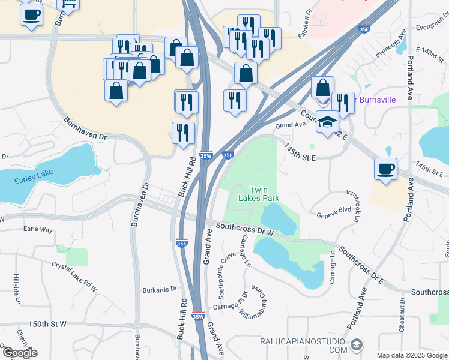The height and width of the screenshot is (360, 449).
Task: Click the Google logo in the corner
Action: (x=19, y=353)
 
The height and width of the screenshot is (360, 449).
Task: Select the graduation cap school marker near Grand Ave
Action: (x=327, y=122)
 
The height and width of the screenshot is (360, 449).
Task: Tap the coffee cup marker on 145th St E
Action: (x=385, y=168)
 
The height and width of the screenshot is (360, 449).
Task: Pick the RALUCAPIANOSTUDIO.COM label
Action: (x=303, y=346)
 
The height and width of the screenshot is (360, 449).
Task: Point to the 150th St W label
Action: (x=47, y=324)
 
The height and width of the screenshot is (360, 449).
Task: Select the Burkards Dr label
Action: (x=160, y=289)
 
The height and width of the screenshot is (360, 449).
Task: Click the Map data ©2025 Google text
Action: (x=412, y=355)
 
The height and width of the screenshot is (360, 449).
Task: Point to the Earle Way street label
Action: (x=38, y=229)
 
